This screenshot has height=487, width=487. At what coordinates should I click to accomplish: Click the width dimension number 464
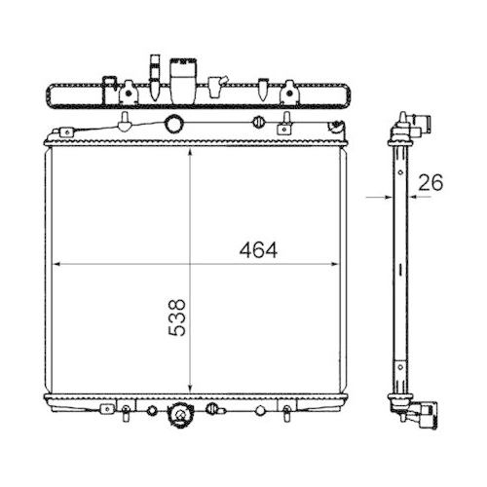258,249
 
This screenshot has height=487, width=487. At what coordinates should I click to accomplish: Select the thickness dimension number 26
431,181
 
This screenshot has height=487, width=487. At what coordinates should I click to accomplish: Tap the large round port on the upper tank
173,124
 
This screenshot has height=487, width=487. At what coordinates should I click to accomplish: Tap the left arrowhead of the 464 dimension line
56,263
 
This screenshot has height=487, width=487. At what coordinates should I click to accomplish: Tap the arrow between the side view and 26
412,196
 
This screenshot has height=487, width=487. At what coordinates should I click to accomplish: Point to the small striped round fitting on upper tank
259,122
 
